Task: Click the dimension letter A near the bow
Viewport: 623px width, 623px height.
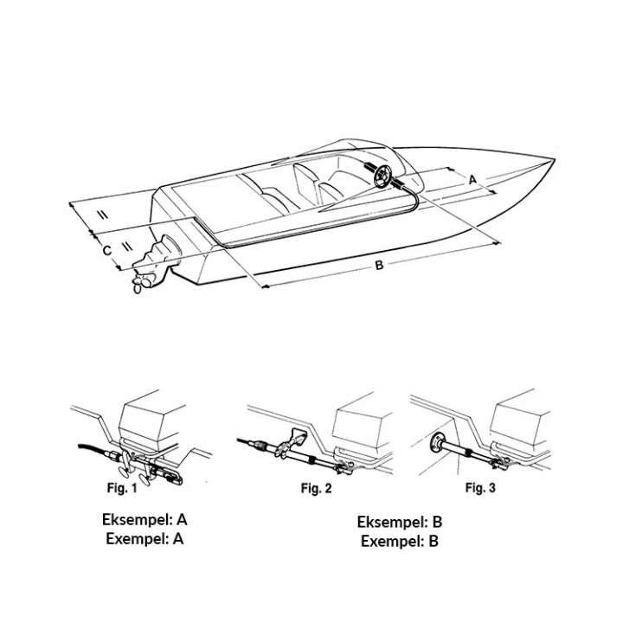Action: (472, 180)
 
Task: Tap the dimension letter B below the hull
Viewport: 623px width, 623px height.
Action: (379, 265)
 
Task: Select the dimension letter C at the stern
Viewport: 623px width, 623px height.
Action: (106, 251)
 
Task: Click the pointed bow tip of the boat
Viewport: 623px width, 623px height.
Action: (554, 160)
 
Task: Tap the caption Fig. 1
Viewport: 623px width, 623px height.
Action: (122, 487)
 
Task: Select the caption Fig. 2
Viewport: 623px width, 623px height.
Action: (317, 488)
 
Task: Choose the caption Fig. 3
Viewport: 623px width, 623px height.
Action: (480, 487)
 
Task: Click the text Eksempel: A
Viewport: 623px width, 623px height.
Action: (145, 520)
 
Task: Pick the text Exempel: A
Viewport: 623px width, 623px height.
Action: (145, 539)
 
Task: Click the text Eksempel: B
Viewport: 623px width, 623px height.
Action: (400, 522)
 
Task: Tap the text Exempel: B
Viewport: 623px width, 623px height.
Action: (400, 541)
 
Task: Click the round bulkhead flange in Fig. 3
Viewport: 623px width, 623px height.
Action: (437, 442)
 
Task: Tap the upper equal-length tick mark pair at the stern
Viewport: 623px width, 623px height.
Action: (102, 215)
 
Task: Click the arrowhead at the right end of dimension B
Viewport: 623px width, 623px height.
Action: (497, 243)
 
